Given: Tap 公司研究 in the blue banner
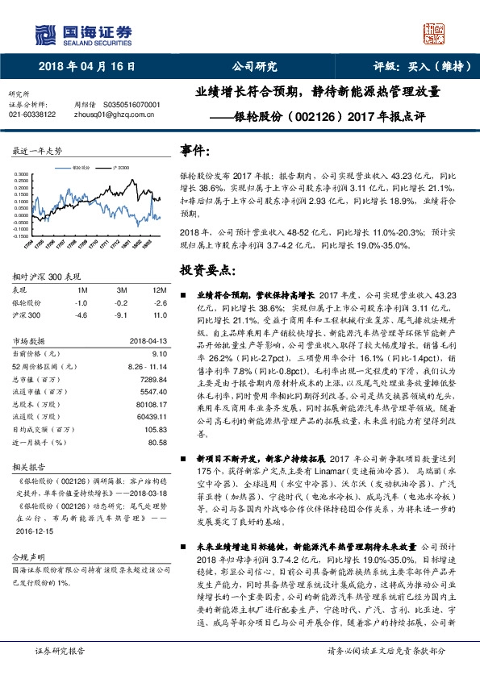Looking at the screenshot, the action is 254,66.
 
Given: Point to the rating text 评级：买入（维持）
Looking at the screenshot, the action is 420,66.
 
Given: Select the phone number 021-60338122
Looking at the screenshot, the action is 32,115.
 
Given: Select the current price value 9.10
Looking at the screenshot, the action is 159,352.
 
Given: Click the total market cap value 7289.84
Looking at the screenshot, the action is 152,378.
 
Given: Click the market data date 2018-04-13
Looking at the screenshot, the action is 147,340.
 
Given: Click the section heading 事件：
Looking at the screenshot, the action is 197,151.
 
